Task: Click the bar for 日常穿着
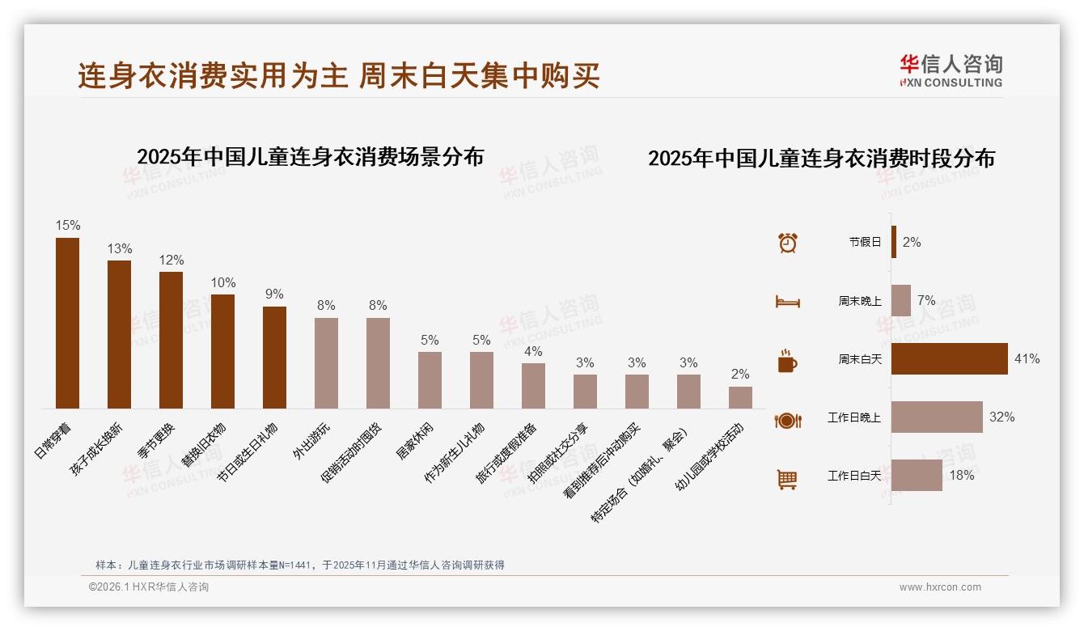(x=67, y=323)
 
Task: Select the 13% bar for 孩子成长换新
(x=119, y=334)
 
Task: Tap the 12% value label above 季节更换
(x=171, y=260)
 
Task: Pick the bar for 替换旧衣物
(x=222, y=351)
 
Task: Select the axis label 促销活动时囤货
(x=351, y=453)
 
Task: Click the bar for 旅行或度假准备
(x=533, y=386)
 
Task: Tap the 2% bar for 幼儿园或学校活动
(x=740, y=397)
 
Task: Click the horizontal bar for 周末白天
(x=949, y=358)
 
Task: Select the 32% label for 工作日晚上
(x=1001, y=417)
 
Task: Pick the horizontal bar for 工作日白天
(x=917, y=476)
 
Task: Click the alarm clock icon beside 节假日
(x=787, y=242)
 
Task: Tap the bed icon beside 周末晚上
(x=787, y=301)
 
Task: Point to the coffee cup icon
(x=787, y=360)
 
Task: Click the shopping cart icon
(x=787, y=478)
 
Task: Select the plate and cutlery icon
(x=787, y=420)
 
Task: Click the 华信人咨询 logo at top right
(x=951, y=71)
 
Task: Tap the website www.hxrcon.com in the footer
(x=939, y=587)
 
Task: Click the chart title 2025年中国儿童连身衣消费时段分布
(x=821, y=159)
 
